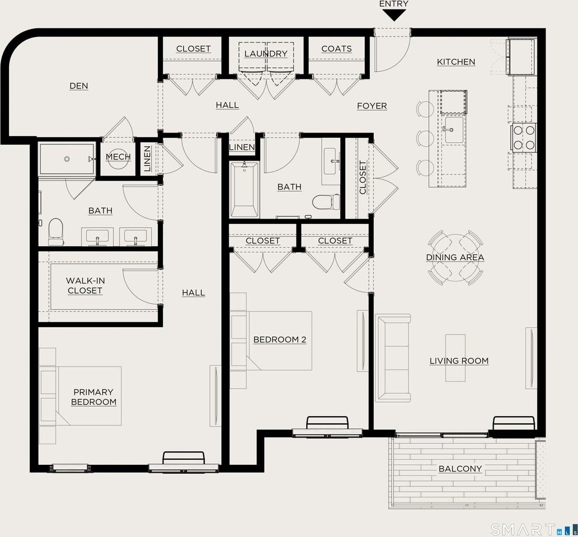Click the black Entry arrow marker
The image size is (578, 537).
(394, 15)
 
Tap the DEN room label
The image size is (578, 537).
(79, 86)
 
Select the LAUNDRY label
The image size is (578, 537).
(266, 54)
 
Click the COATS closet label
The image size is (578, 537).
(336, 49)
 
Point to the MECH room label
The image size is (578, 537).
(118, 157)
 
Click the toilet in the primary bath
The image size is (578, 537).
(56, 231)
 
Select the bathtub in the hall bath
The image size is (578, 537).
(245, 190)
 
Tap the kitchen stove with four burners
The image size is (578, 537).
(524, 138)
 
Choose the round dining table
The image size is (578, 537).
(455, 257)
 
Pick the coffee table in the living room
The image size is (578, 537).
(455, 358)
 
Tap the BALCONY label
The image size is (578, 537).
(460, 469)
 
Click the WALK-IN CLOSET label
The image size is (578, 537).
(85, 286)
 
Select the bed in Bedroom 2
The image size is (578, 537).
(274, 340)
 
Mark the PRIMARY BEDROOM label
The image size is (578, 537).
(93, 397)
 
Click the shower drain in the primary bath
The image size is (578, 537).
(67, 159)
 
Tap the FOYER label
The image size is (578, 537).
(372, 106)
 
